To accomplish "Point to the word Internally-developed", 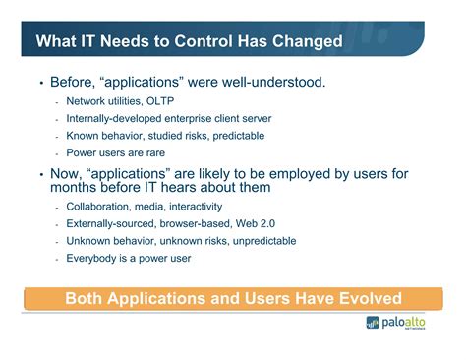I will tap(112, 119).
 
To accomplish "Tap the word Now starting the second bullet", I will tap(68, 174).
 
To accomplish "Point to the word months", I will tap(81, 188).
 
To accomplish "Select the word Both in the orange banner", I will tap(87, 298).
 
